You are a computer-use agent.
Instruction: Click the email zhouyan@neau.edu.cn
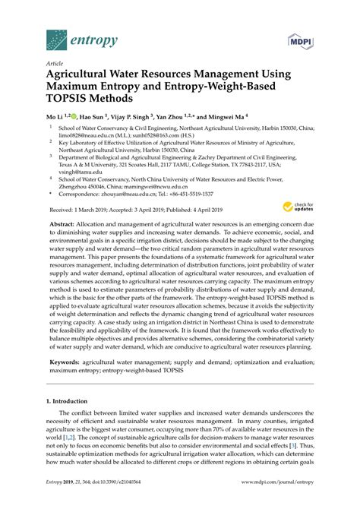coord(130,194)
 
